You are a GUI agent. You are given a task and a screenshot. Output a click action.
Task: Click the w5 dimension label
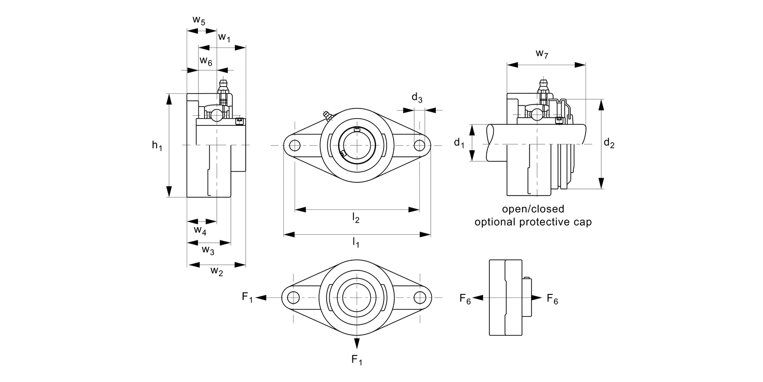199,21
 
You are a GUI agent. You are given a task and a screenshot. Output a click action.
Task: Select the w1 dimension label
224,38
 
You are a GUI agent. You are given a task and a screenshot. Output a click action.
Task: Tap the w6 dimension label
206,61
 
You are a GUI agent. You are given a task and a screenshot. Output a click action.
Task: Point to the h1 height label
157,146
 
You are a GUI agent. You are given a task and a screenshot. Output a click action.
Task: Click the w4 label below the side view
200,231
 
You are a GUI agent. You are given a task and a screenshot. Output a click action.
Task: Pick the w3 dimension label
208,250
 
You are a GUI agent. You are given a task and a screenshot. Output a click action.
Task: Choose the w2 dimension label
217,271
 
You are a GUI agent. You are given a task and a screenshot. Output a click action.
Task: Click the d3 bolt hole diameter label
417,98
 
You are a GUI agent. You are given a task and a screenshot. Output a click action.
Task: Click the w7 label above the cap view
542,53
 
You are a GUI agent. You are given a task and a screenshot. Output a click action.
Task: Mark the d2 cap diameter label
609,144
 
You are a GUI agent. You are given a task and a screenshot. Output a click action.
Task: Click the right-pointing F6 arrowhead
536,297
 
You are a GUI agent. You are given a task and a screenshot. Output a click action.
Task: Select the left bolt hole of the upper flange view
294,146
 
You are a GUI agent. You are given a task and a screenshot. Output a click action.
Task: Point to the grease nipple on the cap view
543,87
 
